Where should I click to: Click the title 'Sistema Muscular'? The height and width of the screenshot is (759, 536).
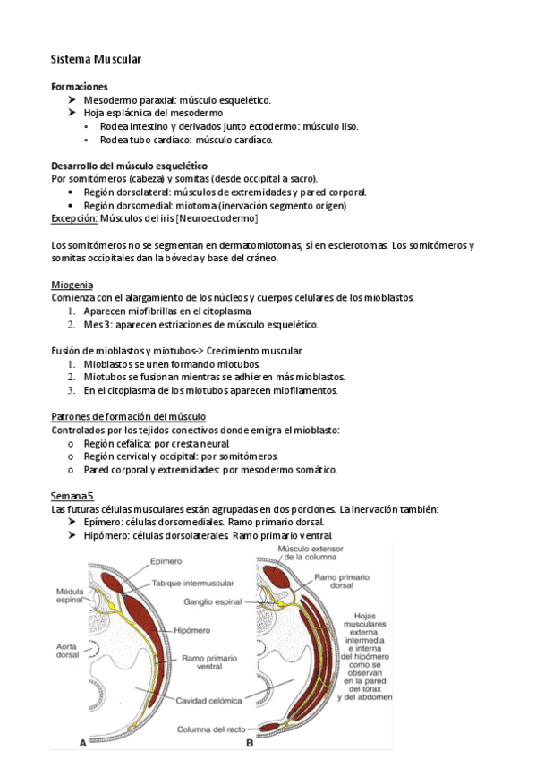coord(96,59)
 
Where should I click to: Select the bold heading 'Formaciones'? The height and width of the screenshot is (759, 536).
coord(80,87)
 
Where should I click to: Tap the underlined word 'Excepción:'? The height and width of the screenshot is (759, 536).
coord(74,218)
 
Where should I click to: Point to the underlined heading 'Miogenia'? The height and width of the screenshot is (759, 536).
coord(72,285)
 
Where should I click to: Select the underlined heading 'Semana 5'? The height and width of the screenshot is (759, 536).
coord(72,496)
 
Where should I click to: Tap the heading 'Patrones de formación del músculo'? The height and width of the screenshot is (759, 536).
coord(128,417)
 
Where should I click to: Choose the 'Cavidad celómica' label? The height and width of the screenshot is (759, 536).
coord(206,700)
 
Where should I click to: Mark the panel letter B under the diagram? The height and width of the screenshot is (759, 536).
coord(250,742)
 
